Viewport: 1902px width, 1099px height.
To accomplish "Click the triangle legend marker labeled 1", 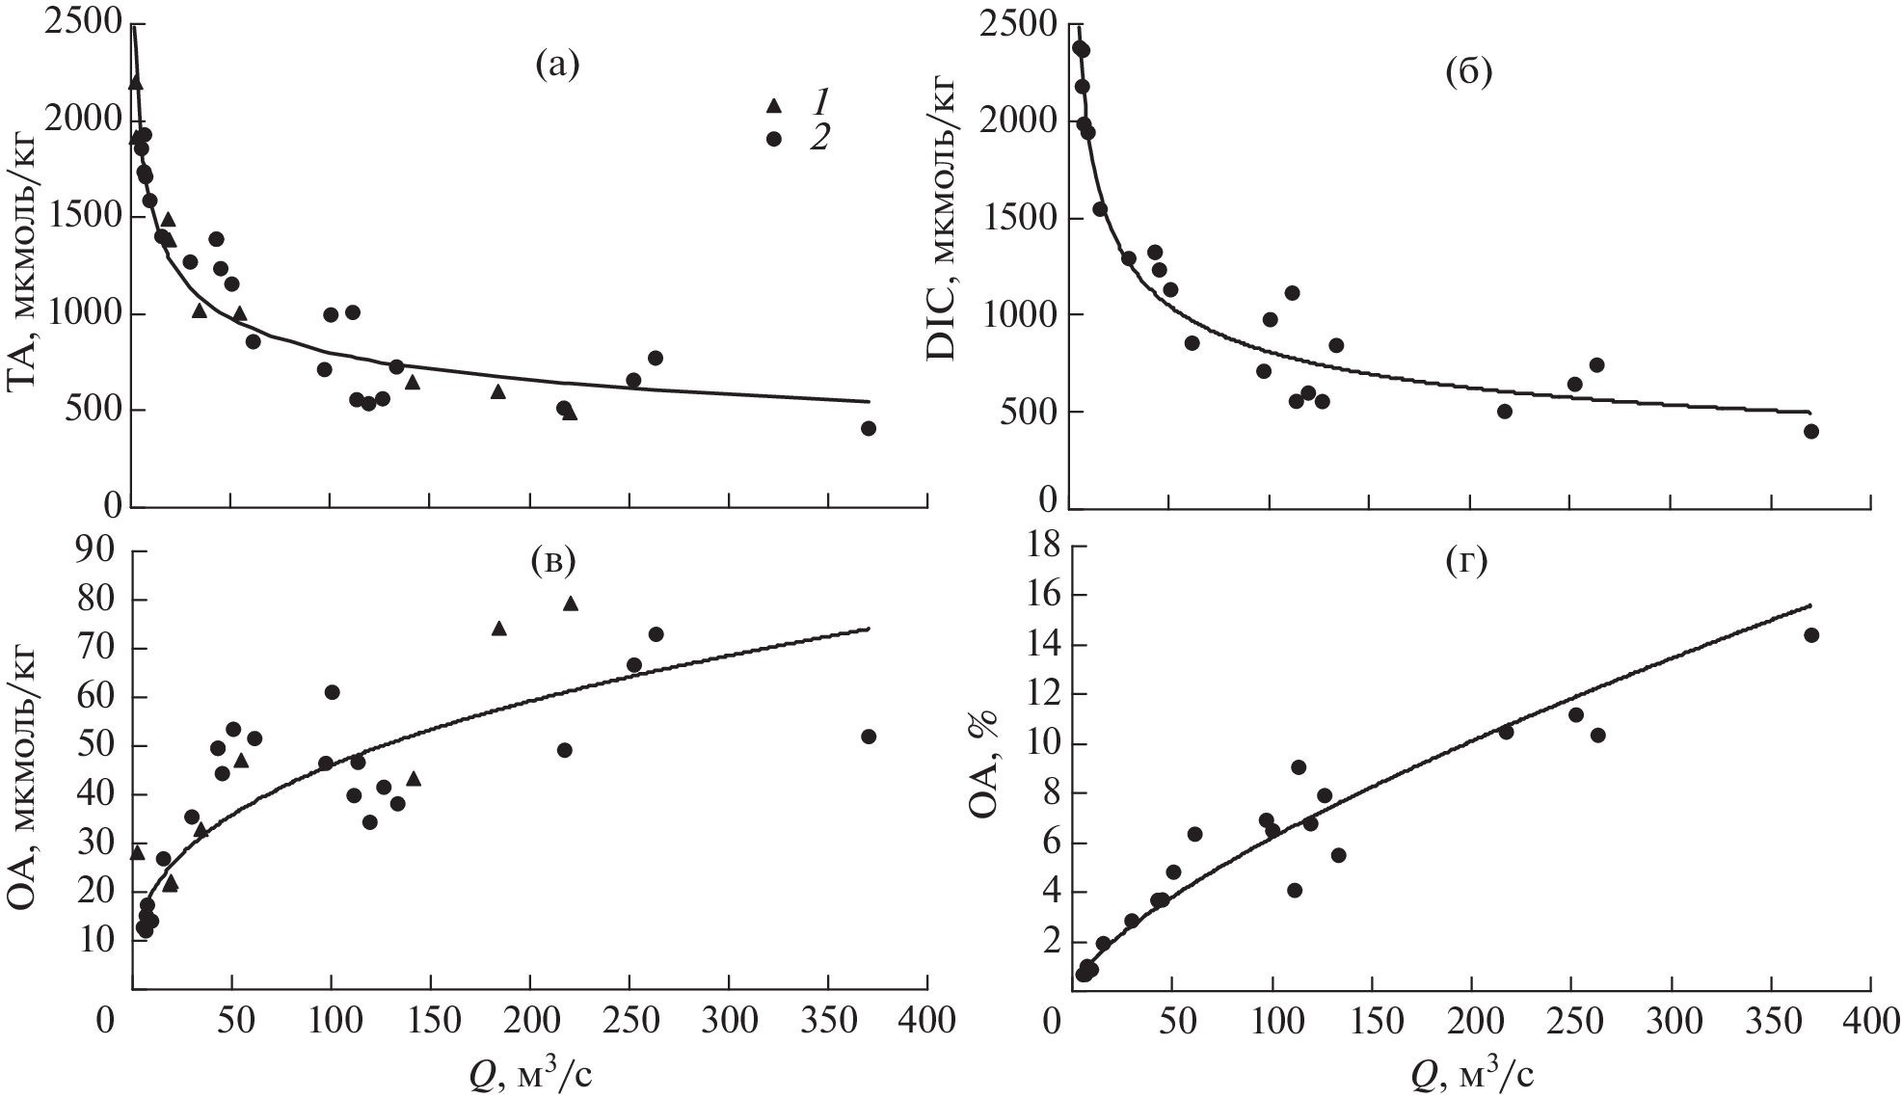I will click(772, 105).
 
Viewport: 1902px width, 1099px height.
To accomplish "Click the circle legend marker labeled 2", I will click(772, 139).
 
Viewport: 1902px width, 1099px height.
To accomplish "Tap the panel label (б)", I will click(1468, 72).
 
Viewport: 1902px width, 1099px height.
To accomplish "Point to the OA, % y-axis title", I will click(983, 762).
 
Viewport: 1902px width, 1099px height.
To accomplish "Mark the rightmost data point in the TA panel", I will click(868, 428).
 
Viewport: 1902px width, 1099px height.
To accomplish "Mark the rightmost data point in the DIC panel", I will click(1810, 431).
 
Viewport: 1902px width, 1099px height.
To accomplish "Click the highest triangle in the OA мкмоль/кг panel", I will click(570, 603).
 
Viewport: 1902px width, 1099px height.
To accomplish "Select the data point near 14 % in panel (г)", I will click(1810, 634).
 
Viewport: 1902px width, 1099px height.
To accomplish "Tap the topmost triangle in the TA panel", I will click(135, 83).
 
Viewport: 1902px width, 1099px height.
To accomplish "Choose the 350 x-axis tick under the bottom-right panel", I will click(1771, 1021).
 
